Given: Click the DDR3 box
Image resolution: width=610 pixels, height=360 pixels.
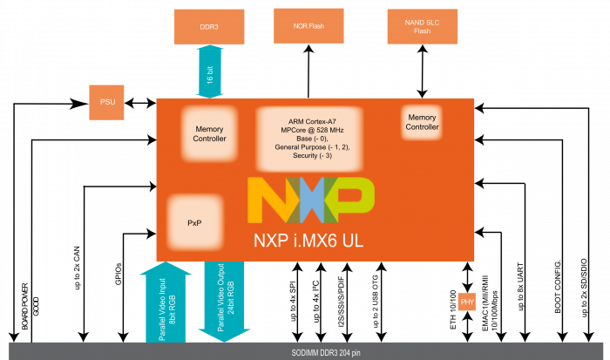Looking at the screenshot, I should [x=209, y=27].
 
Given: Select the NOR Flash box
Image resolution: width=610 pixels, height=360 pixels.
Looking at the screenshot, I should [x=308, y=26].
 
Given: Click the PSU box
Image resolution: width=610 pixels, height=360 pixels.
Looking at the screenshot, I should [x=108, y=102].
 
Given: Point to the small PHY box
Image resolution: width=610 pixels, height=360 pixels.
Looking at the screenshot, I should [x=467, y=302].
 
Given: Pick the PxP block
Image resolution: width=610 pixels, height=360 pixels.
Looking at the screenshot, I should [x=194, y=222].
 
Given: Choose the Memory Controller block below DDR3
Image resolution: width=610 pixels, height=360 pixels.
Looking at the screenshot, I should [x=209, y=132].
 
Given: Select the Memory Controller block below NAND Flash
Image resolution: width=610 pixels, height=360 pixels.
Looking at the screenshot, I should [x=423, y=122].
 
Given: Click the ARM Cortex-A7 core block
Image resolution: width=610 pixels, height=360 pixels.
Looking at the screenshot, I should [x=311, y=138].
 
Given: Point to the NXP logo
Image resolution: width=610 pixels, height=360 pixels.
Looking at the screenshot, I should [x=311, y=200].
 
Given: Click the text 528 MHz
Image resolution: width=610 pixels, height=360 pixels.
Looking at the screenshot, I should [x=331, y=130].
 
